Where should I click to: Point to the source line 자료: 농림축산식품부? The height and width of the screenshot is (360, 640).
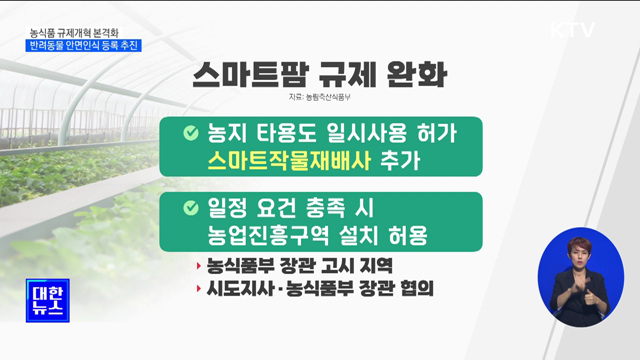point(323,100)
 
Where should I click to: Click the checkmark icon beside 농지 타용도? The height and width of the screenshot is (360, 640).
point(189,132)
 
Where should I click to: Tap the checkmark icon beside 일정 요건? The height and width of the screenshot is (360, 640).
point(189,208)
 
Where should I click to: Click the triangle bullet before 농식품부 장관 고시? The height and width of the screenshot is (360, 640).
point(198,267)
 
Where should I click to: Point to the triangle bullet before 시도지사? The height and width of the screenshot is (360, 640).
point(198,291)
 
